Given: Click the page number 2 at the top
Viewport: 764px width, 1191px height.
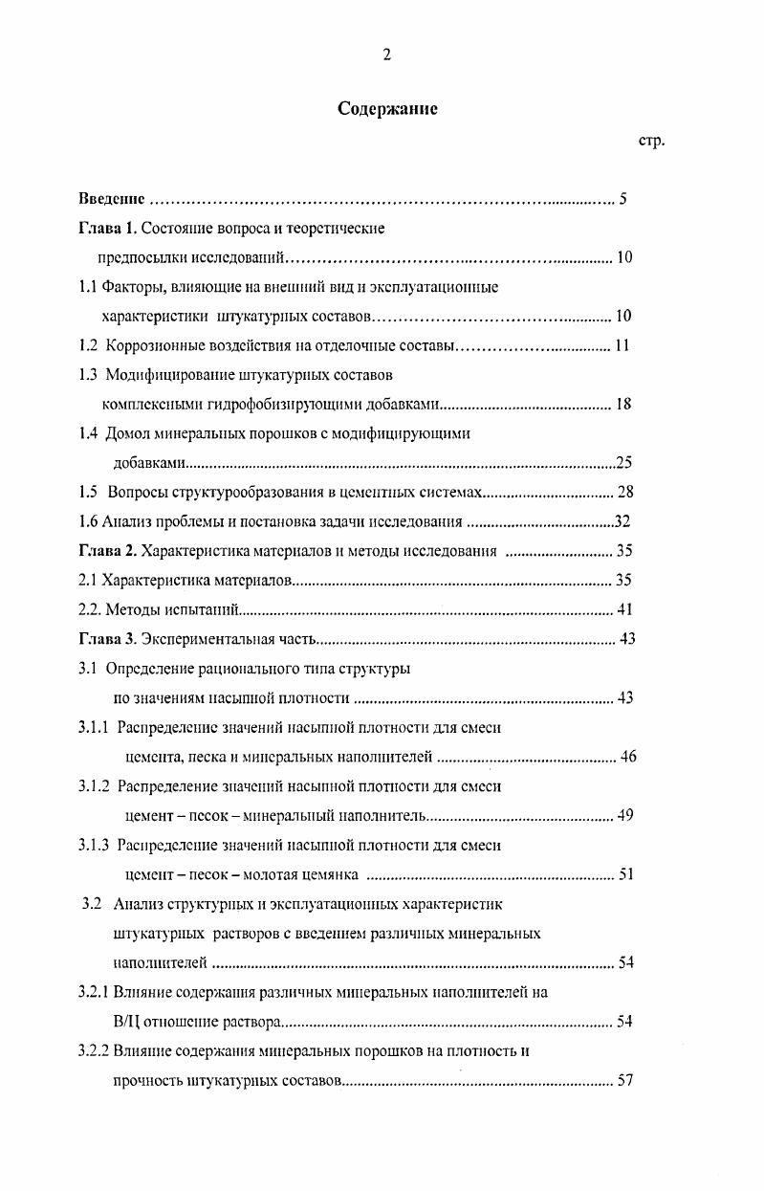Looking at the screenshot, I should (386, 55).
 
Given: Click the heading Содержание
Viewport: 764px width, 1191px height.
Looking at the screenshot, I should (387, 109).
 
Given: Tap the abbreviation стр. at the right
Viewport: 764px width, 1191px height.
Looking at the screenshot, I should (651, 141).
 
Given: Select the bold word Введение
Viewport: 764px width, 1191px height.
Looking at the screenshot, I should (111, 200).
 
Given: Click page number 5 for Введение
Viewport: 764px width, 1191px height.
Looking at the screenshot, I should (622, 200).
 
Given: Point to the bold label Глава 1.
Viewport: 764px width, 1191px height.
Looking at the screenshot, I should (108, 229).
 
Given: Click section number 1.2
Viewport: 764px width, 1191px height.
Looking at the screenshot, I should (88, 345).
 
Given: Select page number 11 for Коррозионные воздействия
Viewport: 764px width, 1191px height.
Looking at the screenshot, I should (622, 345).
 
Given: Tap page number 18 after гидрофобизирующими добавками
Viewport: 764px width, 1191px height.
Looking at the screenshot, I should (623, 404).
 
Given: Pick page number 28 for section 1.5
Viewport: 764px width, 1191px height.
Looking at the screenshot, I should (626, 492).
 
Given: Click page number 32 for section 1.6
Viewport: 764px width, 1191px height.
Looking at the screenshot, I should (622, 521).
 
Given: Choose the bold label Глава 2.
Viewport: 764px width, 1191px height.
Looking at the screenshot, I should (108, 550).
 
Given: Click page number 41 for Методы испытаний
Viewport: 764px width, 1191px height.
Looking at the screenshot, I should (625, 609).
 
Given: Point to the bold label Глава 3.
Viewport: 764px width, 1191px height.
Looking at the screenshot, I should (108, 638).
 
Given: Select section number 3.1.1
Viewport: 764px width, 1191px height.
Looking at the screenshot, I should (95, 727).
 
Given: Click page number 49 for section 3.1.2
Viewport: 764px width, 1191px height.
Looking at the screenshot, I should (626, 815).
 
